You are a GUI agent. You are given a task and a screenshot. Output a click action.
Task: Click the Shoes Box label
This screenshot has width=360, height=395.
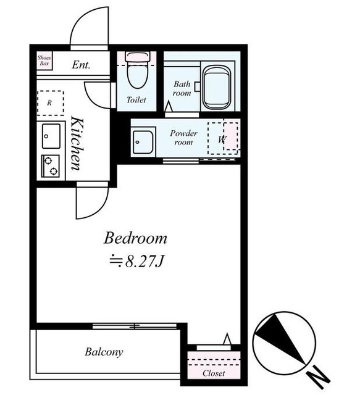[x=44, y=60]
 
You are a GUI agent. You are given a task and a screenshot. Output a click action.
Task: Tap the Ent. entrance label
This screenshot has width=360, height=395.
[x=81, y=65]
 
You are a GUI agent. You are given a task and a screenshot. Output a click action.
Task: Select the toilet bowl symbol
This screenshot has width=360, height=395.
[x=138, y=70]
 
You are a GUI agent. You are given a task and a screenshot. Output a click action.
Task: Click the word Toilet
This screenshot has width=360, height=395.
[x=136, y=100]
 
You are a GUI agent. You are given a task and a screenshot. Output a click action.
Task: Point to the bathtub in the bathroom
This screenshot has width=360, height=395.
[x=217, y=88]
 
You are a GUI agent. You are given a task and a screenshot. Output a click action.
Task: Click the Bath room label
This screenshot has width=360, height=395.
[x=182, y=88]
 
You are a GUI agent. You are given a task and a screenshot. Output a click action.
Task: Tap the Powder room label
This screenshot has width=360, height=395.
[x=183, y=138]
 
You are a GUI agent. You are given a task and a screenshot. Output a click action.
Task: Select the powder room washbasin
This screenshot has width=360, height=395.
[x=143, y=142]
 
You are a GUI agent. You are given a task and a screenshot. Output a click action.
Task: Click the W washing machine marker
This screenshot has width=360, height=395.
[x=222, y=139]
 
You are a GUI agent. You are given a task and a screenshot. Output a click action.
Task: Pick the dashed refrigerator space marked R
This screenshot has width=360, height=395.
[x=51, y=103]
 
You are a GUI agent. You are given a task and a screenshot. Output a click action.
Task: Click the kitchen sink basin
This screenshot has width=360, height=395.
[x=51, y=136]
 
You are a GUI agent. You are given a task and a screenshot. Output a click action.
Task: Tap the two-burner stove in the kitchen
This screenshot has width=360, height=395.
[x=51, y=166]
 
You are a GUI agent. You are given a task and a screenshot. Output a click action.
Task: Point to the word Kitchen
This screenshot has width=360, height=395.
[x=77, y=143]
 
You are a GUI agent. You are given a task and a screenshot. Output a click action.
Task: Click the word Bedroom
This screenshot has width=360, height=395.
[x=135, y=238]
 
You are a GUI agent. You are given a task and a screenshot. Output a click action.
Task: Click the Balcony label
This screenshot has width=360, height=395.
[x=104, y=352]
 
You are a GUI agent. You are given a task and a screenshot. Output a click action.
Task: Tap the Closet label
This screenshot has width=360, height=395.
[x=214, y=373]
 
